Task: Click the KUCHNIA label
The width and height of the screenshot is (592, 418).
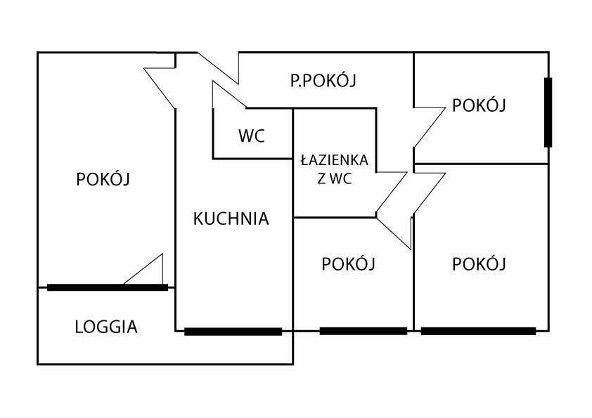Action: (231, 218)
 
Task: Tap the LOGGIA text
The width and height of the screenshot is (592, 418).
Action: (106, 327)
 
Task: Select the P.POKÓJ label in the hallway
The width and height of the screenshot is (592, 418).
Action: (323, 81)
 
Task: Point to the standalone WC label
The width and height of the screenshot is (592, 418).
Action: (252, 136)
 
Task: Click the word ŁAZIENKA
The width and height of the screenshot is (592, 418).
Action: (335, 161)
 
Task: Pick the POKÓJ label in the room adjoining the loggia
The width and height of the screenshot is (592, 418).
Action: (103, 179)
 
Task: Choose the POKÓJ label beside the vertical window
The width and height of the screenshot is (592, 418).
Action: (480, 105)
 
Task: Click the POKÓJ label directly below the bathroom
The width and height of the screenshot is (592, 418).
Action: (348, 264)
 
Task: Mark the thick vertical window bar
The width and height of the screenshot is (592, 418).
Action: (548, 112)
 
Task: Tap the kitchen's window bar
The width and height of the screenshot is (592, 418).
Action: (233, 332)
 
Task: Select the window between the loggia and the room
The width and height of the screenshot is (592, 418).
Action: (107, 287)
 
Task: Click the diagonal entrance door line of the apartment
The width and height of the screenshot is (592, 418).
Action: (218, 66)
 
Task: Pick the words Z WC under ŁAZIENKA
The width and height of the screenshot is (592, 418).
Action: (335, 179)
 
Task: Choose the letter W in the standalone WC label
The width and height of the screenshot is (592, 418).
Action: (245, 136)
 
